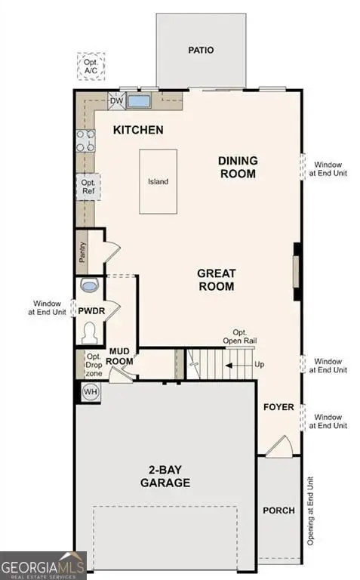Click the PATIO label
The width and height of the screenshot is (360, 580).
(x=201, y=50)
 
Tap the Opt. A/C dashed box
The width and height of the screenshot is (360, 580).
(x=91, y=66)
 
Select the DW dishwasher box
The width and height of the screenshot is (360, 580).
(x=116, y=100)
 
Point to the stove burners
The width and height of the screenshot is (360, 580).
(x=85, y=140)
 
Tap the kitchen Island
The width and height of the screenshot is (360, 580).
(x=158, y=181)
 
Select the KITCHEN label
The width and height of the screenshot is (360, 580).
(x=138, y=130)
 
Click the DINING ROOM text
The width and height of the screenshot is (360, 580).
(x=238, y=167)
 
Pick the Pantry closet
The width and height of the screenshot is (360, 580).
(x=82, y=252)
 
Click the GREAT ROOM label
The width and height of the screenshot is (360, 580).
(x=216, y=279)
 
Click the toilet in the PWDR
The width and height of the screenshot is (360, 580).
(x=89, y=332)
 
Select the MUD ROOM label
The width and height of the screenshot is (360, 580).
(x=122, y=356)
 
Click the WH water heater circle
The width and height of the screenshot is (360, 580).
(x=91, y=391)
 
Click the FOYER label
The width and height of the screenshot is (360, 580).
(x=278, y=407)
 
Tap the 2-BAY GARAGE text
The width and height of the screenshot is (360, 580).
(x=164, y=476)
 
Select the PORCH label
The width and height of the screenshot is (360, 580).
(x=278, y=511)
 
